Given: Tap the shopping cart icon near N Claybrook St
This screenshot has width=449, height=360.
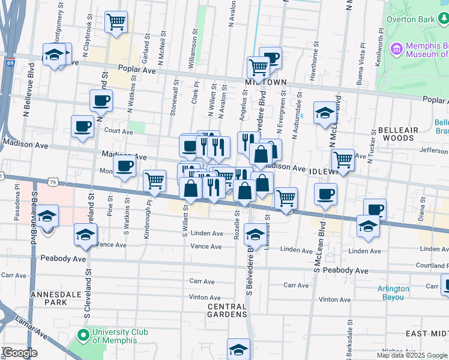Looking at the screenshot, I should (x=116, y=22).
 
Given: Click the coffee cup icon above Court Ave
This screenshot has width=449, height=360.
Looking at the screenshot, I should (x=101, y=100).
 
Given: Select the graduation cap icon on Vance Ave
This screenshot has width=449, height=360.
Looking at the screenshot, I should (x=86, y=234).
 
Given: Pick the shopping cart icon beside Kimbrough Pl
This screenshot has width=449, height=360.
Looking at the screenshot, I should (x=155, y=179).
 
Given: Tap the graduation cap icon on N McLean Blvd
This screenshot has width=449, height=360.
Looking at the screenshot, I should (x=325, y=113).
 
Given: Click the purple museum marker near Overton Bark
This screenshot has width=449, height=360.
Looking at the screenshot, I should (x=396, y=47).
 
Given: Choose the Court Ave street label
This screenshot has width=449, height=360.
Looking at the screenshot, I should (x=118, y=131).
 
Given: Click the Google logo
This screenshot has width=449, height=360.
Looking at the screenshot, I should (x=20, y=352).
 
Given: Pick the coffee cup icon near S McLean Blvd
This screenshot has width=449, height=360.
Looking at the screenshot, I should (x=325, y=194).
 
